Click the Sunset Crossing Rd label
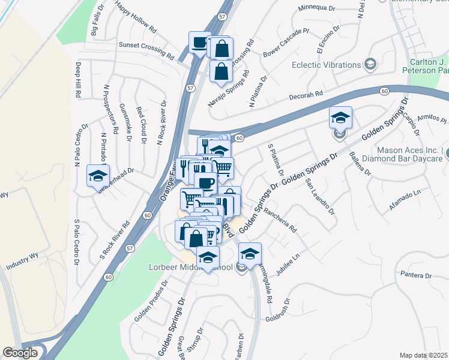click(146, 49)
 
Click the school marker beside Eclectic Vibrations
click(370, 64)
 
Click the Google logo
click(20, 353)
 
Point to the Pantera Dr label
click(416, 276)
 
